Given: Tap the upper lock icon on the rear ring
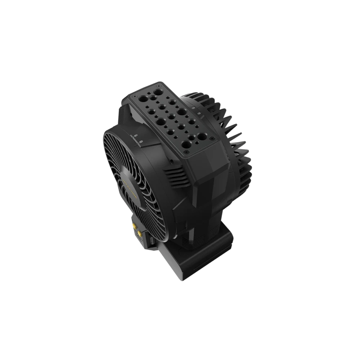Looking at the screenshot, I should click(194, 107).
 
